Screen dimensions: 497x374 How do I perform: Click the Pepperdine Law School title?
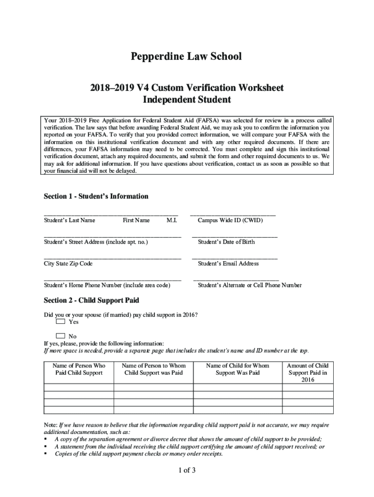pyautogui.click(x=186, y=57)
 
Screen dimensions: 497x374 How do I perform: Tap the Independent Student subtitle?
pyautogui.click(x=186, y=100)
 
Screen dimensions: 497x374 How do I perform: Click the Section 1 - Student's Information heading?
pyautogui.click(x=96, y=196)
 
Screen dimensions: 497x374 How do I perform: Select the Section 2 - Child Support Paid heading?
pyautogui.click(x=91, y=300)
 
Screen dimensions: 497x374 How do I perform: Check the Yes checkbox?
pyautogui.click(x=60, y=321)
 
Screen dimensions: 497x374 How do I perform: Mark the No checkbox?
pyautogui.click(x=60, y=335)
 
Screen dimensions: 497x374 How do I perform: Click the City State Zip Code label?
pyautogui.click(x=68, y=264)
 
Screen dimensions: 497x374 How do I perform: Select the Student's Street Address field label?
pyautogui.click(x=96, y=242)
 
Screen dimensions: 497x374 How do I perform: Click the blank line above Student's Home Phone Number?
pyautogui.click(x=113, y=279)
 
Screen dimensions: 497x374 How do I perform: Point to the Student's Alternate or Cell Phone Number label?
pyautogui.click(x=250, y=285)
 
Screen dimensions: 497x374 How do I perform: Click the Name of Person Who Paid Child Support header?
pyautogui.click(x=79, y=369)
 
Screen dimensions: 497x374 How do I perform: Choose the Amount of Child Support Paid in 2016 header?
pyautogui.click(x=308, y=372)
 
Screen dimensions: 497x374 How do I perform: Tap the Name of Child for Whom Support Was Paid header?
pyautogui.click(x=238, y=369)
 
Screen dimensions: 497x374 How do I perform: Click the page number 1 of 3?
pyautogui.click(x=187, y=470)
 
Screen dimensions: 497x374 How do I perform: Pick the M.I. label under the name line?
pyautogui.click(x=171, y=220)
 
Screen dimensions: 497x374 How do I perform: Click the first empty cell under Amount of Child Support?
pyautogui.click(x=308, y=387)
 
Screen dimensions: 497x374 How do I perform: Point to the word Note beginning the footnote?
pyautogui.click(x=51, y=425)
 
